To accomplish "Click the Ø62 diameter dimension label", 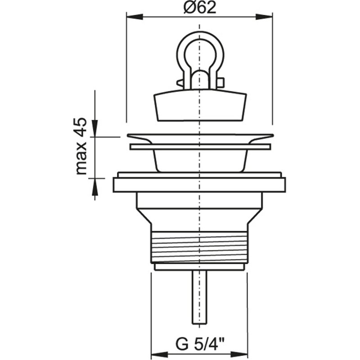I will click(199, 8).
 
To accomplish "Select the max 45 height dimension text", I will click(81, 146).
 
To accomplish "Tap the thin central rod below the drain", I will click(198, 297).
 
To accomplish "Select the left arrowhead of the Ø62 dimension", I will click(133, 17).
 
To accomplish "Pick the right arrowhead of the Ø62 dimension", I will click(265, 17).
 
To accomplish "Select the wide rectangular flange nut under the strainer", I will click(199, 185).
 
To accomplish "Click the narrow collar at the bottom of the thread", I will click(199, 267).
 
